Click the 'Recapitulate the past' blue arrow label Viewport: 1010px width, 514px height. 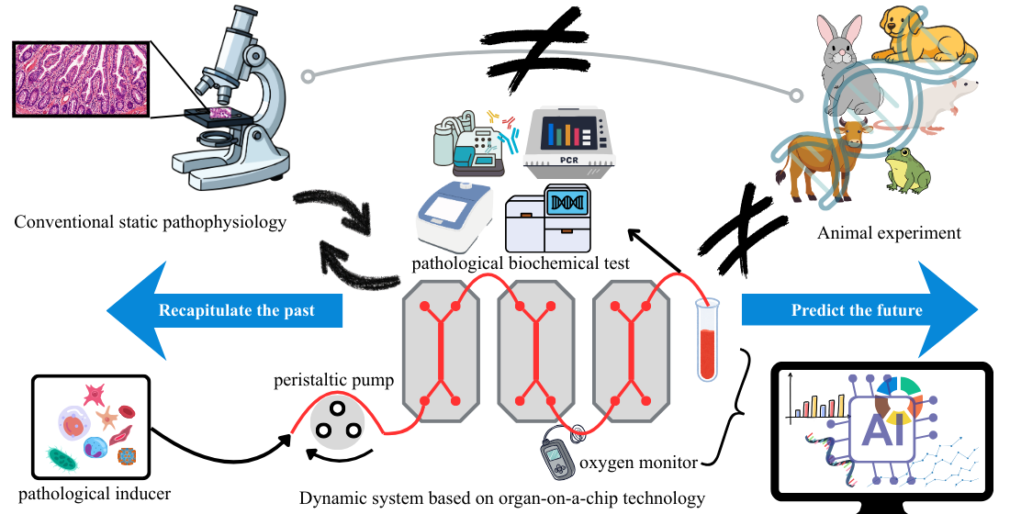pos(237,310)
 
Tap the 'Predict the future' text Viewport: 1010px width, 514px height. pos(857,310)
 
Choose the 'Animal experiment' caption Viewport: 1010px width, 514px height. pos(889,233)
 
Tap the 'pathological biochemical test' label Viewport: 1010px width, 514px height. pos(521,263)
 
